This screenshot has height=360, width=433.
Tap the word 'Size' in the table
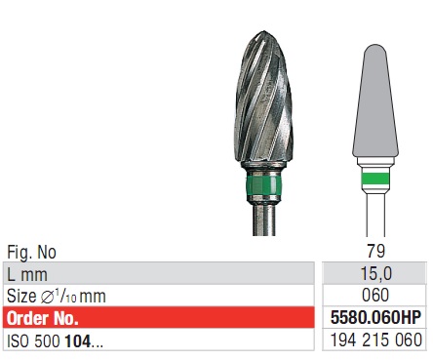click(22, 296)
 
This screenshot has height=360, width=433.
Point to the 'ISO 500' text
click(32, 340)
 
